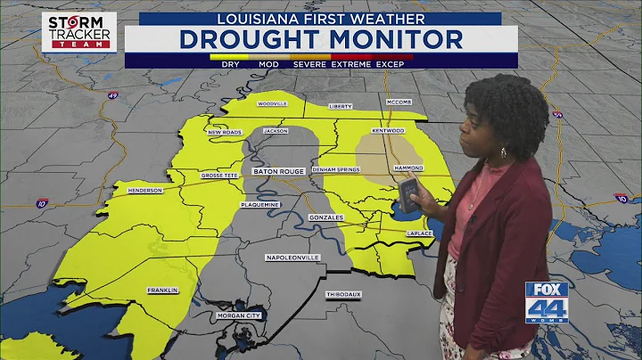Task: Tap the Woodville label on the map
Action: [272, 104]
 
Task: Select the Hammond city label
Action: [408, 168]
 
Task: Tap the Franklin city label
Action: [164, 290]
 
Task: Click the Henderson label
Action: [144, 190]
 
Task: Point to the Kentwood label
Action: [390, 131]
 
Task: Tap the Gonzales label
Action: [328, 217]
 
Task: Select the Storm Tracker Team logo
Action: [79, 31]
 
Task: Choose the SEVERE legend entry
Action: [309, 64]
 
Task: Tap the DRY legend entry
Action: [230, 64]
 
